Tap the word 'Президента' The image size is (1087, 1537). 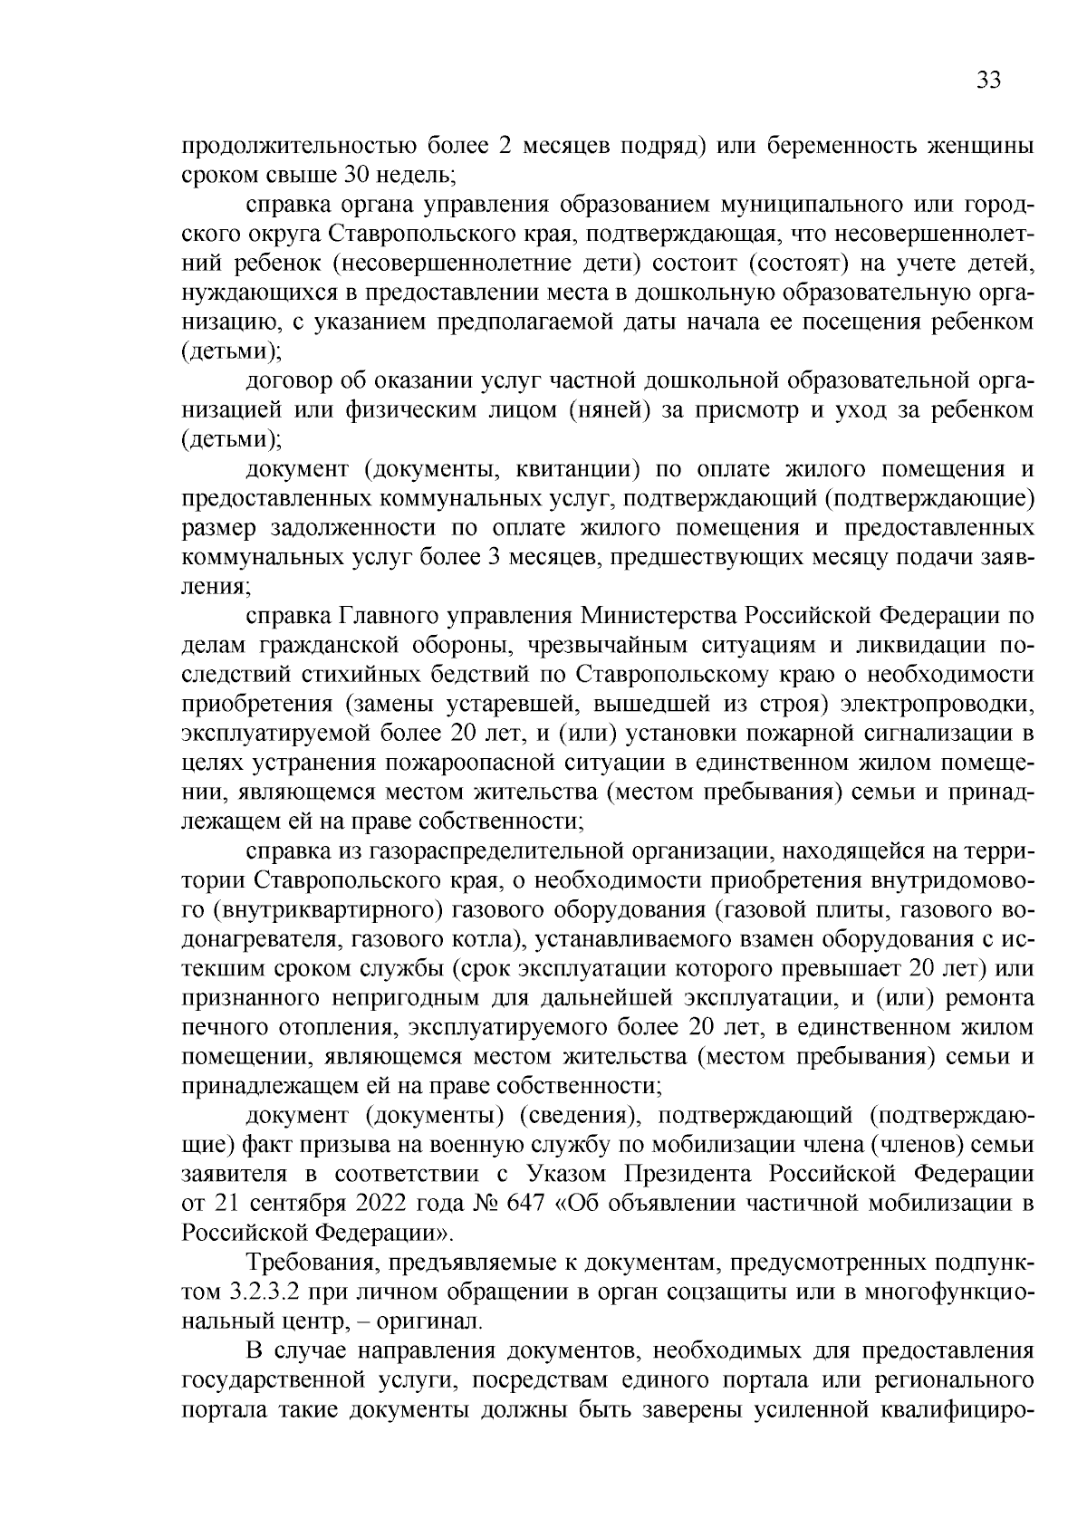click(x=688, y=1174)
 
